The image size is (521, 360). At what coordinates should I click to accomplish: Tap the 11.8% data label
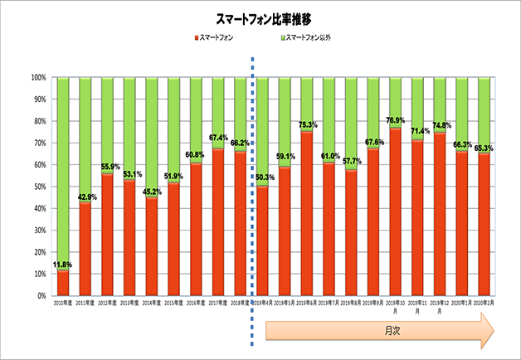[63, 265]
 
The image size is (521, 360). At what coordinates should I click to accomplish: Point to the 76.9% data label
[397, 122]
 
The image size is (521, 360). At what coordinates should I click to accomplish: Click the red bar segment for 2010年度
[63, 283]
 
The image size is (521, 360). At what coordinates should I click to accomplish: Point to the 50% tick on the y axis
[39, 187]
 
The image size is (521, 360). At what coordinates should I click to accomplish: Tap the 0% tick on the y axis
[41, 296]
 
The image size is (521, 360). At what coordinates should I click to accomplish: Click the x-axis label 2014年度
[152, 304]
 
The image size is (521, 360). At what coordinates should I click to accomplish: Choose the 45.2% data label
[152, 192]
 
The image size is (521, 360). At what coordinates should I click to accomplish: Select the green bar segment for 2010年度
[63, 166]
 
